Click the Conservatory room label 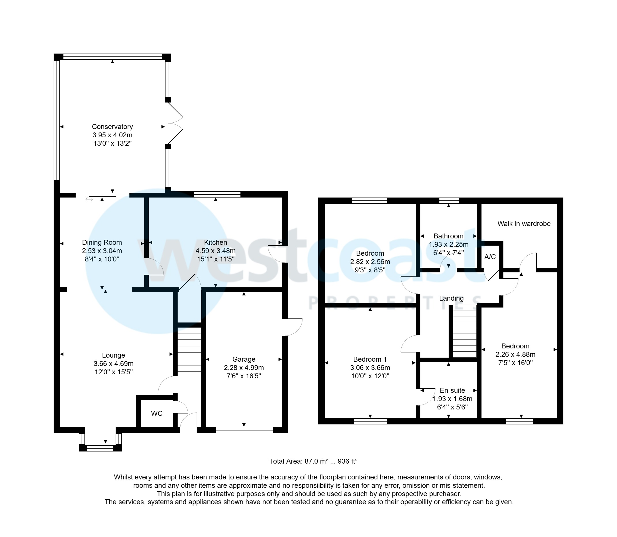click(x=112, y=127)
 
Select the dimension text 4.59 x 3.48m click(x=215, y=251)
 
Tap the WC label click(x=157, y=413)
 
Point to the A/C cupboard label click(x=490, y=257)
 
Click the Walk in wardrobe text click(x=524, y=224)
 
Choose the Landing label click(x=451, y=299)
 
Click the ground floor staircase click(x=189, y=349)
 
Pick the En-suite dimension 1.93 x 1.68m click(x=453, y=399)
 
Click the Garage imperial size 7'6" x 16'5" click(x=244, y=376)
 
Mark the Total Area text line click(x=313, y=461)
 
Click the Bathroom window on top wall click(x=449, y=201)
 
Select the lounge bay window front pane click(x=100, y=448)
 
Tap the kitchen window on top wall click(x=217, y=194)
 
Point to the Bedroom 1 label click(x=370, y=359)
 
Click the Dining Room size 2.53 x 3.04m click(x=102, y=251)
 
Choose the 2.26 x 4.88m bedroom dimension click(x=515, y=354)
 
